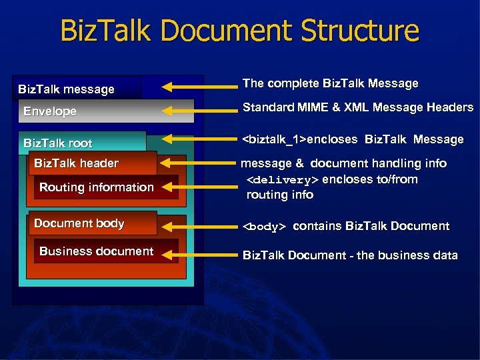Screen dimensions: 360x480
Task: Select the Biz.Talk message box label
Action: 66,89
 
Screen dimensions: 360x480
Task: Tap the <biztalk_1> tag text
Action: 274,139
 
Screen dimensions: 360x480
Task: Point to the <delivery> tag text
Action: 283,180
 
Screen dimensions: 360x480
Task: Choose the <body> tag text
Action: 264,227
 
